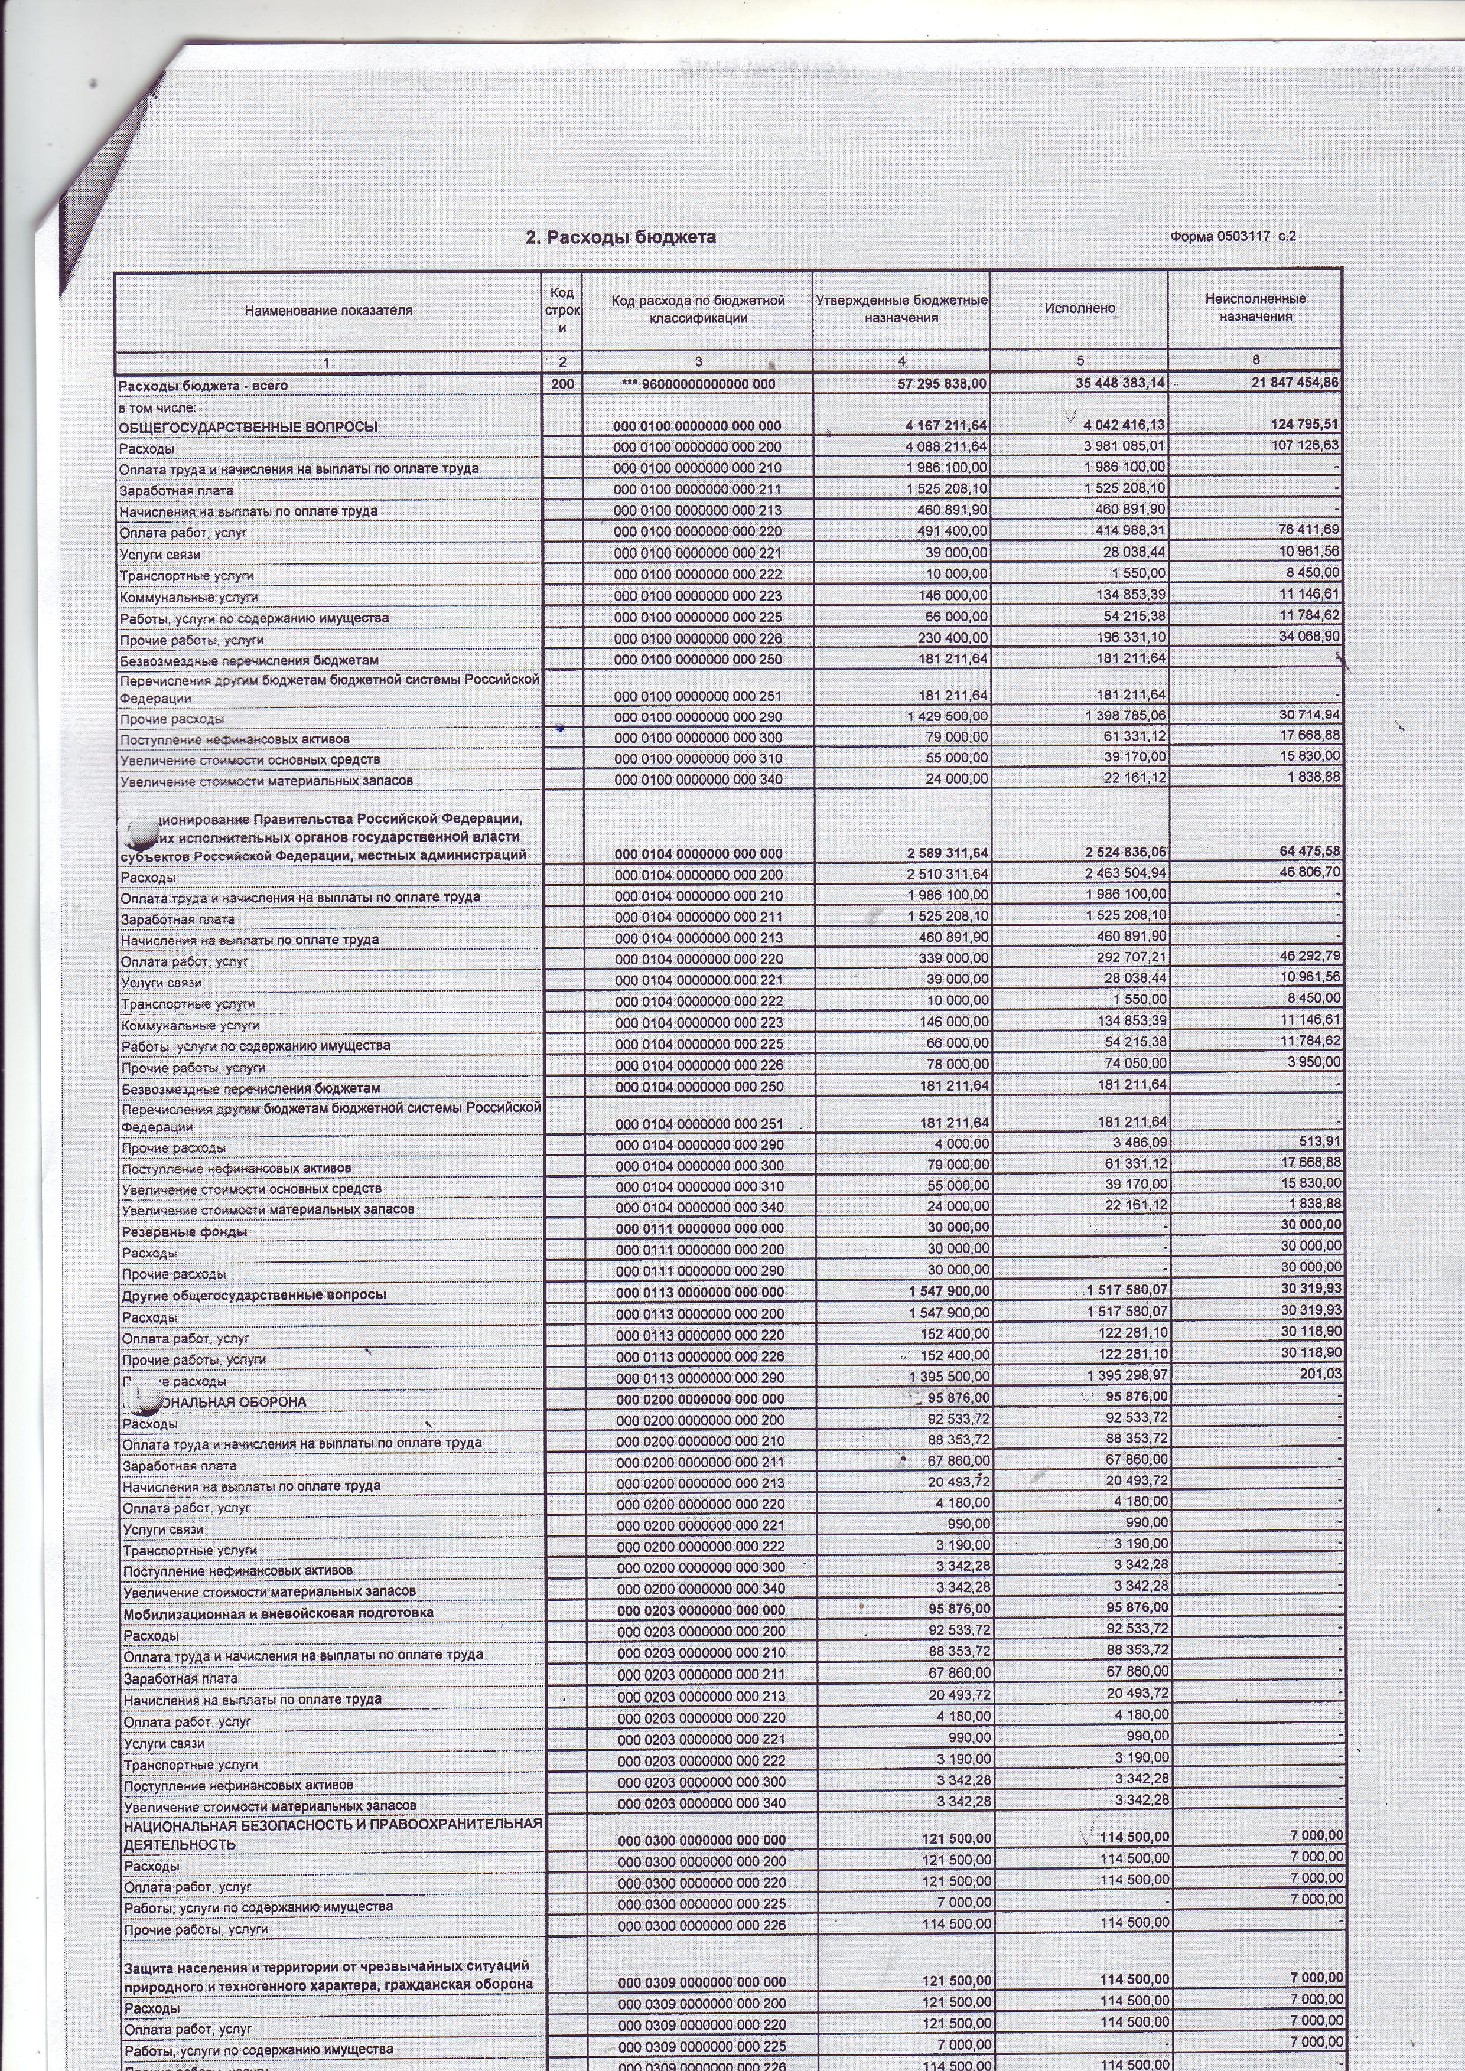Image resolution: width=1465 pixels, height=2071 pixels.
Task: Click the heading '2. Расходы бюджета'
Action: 621,237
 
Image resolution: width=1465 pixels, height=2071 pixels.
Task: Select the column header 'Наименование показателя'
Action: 328,310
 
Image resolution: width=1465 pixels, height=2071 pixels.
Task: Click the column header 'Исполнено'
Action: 1080,308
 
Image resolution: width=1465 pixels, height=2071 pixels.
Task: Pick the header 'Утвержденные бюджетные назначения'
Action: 901,308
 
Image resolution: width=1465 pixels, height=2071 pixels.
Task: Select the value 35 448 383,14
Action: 1115,383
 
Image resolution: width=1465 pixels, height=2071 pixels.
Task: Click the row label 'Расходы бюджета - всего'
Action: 204,386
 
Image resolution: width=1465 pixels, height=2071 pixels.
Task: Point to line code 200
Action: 562,384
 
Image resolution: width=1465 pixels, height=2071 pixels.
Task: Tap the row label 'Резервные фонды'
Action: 185,1232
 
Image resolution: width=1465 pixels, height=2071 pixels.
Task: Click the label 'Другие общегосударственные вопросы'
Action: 255,1294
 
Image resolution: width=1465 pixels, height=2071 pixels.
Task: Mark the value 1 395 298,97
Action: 1128,1377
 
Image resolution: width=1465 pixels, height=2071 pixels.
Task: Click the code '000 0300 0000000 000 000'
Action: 700,1840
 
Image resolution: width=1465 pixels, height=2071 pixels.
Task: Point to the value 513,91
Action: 1320,1142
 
